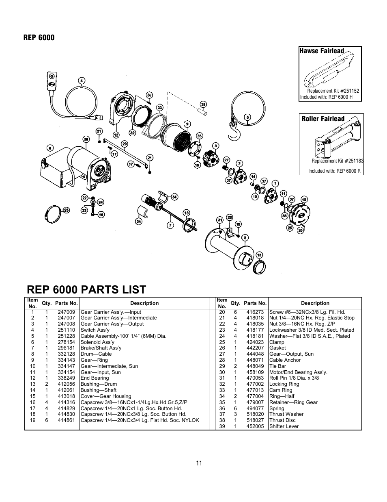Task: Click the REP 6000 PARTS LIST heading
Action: click(x=86, y=289)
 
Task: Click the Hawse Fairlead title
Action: click(x=321, y=51)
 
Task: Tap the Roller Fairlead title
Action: click(x=322, y=119)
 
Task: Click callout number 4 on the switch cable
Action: click(x=82, y=80)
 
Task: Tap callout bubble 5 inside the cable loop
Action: click(x=247, y=117)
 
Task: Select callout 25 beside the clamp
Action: click(x=66, y=210)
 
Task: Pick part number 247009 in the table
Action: click(x=66, y=312)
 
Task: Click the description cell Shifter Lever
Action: click(x=284, y=426)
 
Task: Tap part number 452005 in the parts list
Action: click(x=255, y=426)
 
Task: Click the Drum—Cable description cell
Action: click(x=96, y=354)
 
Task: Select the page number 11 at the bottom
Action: click(x=199, y=463)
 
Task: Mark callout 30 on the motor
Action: click(x=86, y=139)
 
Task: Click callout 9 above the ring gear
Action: click(x=187, y=124)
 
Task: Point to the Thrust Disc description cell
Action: click(x=282, y=420)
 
